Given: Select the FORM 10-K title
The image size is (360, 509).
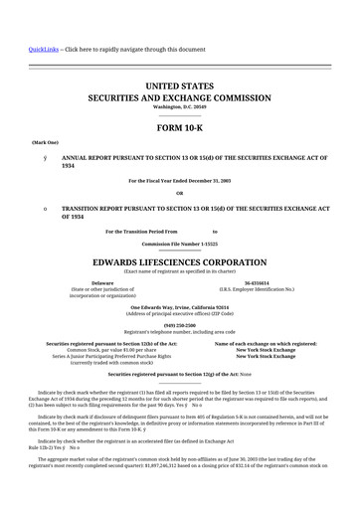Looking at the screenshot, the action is (179, 129).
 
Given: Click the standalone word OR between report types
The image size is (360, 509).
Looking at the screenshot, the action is (179, 193).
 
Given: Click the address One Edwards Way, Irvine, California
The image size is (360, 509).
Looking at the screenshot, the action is (179, 307).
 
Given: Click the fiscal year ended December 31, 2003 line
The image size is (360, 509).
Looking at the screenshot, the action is (179, 180).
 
